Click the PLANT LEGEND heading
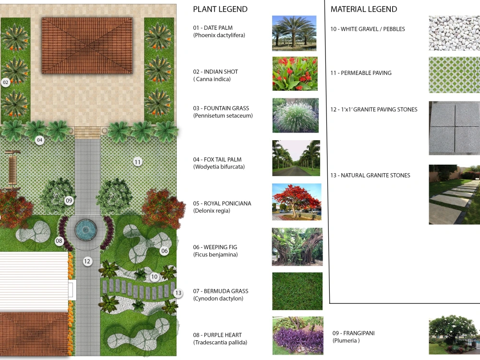pyautogui.click(x=220, y=9)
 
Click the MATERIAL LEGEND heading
pyautogui.click(x=364, y=9)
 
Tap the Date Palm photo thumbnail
pyautogui.click(x=294, y=33)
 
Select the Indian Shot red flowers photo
pyautogui.click(x=295, y=73)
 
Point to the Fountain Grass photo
pyautogui.click(x=295, y=115)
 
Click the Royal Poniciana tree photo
pyautogui.click(x=297, y=202)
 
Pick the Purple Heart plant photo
pyautogui.click(x=298, y=336)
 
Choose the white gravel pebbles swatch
pyautogui.click(x=454, y=33)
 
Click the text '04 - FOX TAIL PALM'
pyautogui.click(x=217, y=159)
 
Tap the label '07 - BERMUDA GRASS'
pyautogui.click(x=220, y=291)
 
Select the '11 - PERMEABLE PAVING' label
pyautogui.click(x=361, y=73)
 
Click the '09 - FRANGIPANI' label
pyautogui.click(x=354, y=333)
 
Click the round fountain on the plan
pyautogui.click(x=86, y=229)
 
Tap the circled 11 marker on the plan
pyautogui.click(x=138, y=162)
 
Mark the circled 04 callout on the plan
pyautogui.click(x=39, y=140)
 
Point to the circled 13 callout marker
pyautogui.click(x=178, y=293)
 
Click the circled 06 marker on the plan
pyautogui.click(x=164, y=251)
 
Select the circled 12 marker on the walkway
pyautogui.click(x=87, y=262)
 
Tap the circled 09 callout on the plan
pyautogui.click(x=69, y=201)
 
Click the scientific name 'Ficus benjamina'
pyautogui.click(x=216, y=255)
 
